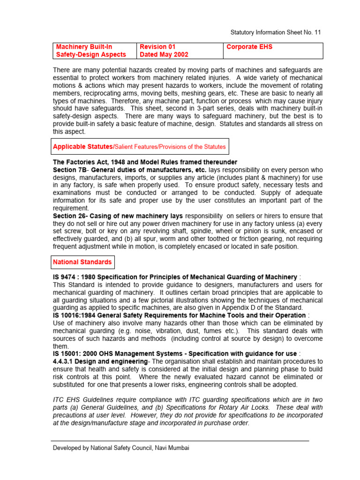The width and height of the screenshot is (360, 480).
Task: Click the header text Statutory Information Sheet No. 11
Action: click(x=275, y=32)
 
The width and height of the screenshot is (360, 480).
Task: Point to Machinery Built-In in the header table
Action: click(x=84, y=47)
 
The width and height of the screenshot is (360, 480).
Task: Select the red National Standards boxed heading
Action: click(x=82, y=262)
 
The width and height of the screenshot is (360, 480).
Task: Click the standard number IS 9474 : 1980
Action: click(x=81, y=277)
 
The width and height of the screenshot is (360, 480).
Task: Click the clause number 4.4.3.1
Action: click(x=65, y=361)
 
